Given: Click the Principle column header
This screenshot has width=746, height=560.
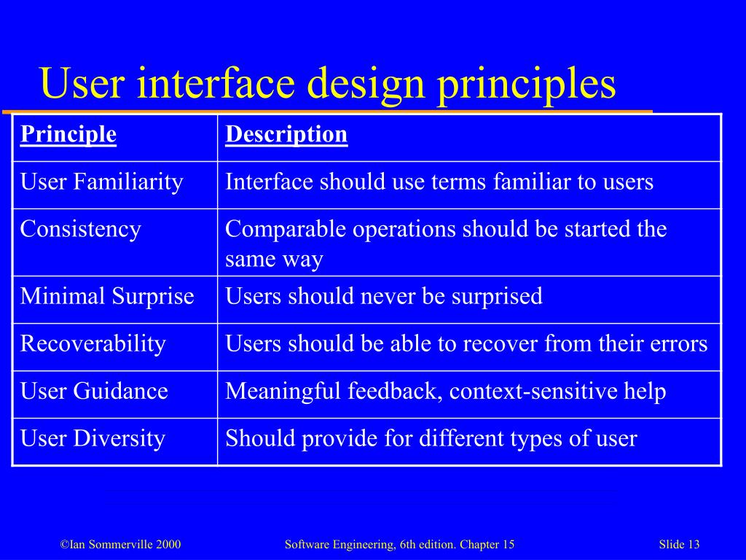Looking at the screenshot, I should coord(68,135).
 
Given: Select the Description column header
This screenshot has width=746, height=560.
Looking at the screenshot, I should coord(286,135).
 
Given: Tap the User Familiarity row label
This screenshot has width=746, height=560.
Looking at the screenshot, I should coord(101,182).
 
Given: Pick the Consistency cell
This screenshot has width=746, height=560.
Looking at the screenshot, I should coord(80,230).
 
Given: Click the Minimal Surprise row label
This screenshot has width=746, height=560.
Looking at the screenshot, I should coord(107,297).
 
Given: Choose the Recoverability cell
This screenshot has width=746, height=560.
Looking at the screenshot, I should coord(93,343).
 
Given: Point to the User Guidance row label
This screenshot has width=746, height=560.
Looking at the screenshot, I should coord(94,392).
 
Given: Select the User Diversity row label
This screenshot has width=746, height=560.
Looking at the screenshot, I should coord(93,439).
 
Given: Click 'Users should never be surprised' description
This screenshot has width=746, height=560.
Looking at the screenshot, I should coord(384,297).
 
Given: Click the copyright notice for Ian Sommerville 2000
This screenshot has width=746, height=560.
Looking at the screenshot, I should coord(120,545).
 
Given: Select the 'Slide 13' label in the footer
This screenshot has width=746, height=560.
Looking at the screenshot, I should coord(679,545).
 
